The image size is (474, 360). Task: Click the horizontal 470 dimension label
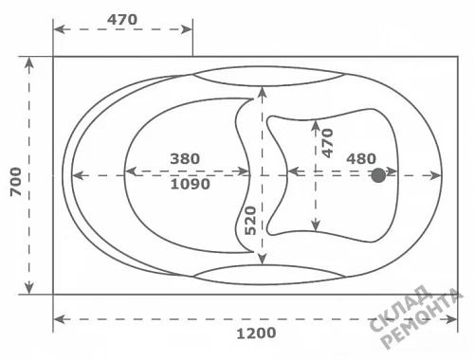pyautogui.click(x=122, y=20)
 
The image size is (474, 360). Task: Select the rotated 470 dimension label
pyautogui.click(x=327, y=143)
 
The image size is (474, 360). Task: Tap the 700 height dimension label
pyautogui.click(x=16, y=182)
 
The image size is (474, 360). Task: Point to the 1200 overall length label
pyautogui.click(x=256, y=333)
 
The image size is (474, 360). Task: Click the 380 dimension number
pyautogui.click(x=185, y=158)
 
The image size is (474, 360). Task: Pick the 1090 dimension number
pyautogui.click(x=191, y=184)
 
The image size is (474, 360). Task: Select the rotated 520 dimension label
pyautogui.click(x=250, y=221)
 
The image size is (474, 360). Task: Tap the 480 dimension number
pyautogui.click(x=361, y=159)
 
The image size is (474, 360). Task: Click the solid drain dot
pyautogui.click(x=378, y=175)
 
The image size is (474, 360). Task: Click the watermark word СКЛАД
pyautogui.click(x=401, y=309)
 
